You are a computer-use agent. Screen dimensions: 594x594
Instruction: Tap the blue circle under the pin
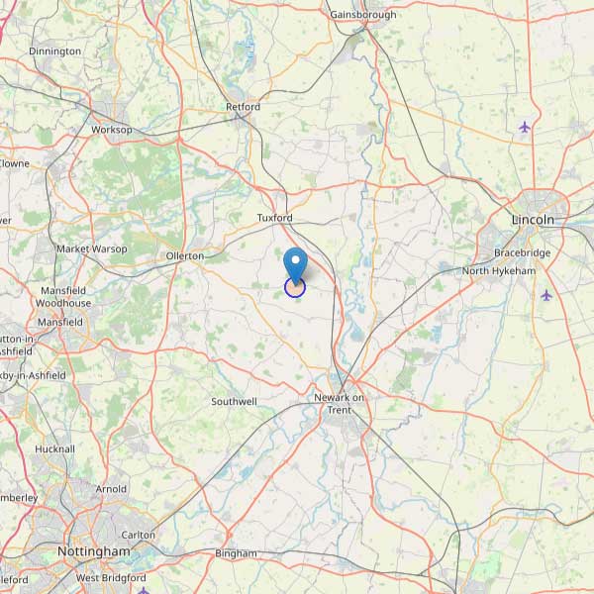(x=295, y=287)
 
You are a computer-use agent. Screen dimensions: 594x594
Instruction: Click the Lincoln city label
(x=534, y=219)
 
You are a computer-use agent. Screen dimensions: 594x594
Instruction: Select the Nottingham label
(x=94, y=551)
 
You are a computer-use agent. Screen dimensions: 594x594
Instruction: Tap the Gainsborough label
(x=363, y=15)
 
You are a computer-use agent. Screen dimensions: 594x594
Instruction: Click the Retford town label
(x=244, y=107)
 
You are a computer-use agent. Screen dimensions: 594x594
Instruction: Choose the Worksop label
(x=111, y=130)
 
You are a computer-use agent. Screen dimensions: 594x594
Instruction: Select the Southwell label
(x=234, y=402)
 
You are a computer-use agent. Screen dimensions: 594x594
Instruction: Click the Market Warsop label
(x=92, y=248)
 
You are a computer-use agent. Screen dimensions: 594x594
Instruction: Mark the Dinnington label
(x=55, y=50)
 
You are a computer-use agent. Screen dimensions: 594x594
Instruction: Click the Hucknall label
(x=54, y=448)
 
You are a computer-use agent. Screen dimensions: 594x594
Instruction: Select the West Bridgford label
(x=112, y=577)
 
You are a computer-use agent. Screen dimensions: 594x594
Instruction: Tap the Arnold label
(x=111, y=489)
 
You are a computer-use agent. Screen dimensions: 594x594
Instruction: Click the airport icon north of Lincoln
(x=525, y=127)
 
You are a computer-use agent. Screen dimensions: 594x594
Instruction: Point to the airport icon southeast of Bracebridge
(x=546, y=295)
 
